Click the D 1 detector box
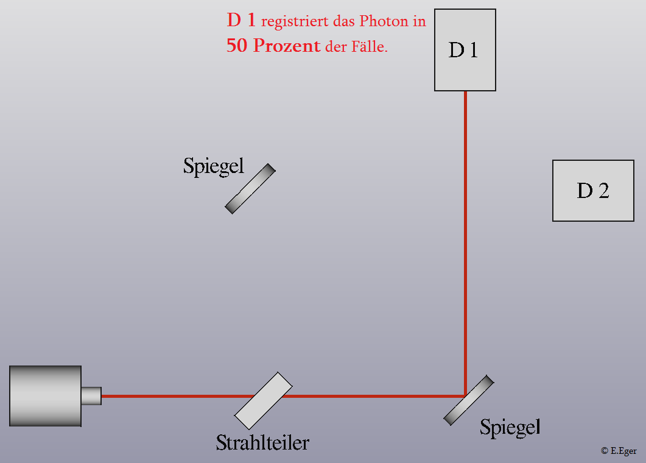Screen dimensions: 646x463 (x=465, y=50)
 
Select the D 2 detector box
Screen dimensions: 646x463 (x=593, y=191)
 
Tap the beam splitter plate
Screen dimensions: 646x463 (x=263, y=401)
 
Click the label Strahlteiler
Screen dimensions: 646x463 (x=262, y=443)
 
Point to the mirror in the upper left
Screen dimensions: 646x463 (x=250, y=189)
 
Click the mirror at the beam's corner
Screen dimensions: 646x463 (x=469, y=400)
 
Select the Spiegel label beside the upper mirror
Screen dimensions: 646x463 (x=214, y=166)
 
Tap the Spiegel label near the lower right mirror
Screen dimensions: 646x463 (x=510, y=428)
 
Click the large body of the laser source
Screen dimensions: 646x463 (x=45, y=396)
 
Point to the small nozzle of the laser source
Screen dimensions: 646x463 (x=91, y=396)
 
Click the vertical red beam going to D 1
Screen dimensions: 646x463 (x=465, y=243)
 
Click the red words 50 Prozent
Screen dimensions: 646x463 (x=273, y=45)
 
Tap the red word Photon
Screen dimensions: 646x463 (x=384, y=21)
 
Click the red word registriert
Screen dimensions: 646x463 (x=295, y=22)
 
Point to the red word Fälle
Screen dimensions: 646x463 (x=369, y=46)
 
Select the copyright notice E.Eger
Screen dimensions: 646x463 (x=619, y=451)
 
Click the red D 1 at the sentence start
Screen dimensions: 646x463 (x=241, y=19)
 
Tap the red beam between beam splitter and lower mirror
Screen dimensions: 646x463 (x=374, y=396)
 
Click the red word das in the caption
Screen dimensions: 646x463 (x=344, y=21)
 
